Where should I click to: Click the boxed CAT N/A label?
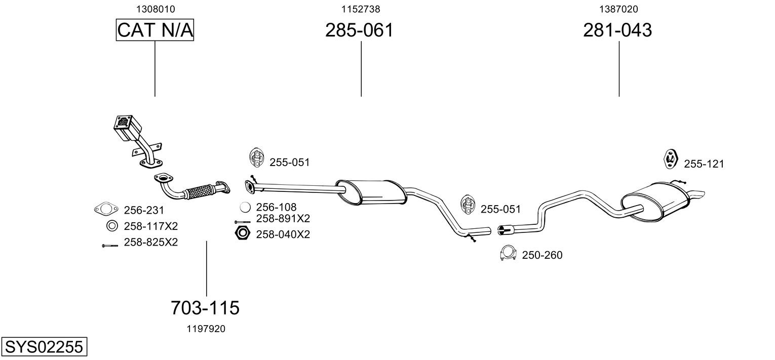155,30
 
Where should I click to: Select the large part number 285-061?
359,30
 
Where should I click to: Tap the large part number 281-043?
617,30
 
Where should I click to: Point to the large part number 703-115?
205,307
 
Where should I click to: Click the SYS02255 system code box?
44,347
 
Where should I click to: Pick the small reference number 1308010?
155,9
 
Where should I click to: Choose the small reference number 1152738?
361,9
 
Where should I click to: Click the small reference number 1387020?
618,9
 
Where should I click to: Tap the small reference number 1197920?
205,329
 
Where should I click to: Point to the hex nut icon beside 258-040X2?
243,233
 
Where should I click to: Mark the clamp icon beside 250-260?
508,253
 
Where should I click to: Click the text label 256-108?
276,207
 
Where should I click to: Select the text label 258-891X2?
283,219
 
